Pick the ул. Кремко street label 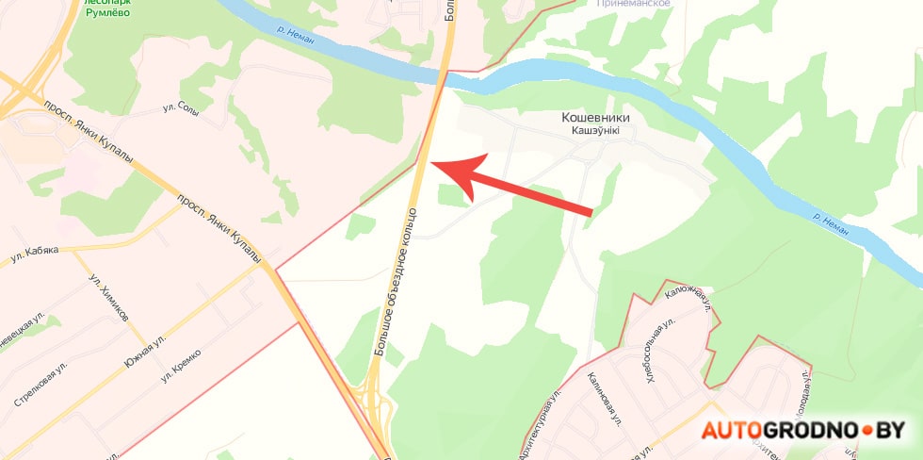[x=182, y=366]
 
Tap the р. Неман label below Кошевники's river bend [x=831, y=223]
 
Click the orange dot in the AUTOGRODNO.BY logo [x=866, y=431]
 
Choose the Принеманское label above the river [x=634, y=4]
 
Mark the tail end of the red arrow [x=590, y=212]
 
